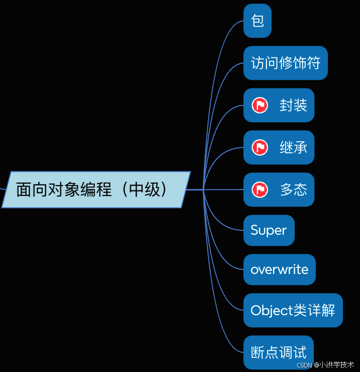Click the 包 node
tap(257, 21)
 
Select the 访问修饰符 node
tap(285, 63)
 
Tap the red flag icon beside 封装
tap(259, 106)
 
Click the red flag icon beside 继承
tap(259, 148)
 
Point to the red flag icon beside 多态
tap(259, 190)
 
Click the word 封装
tap(293, 106)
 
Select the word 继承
tap(293, 148)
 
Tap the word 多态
tap(293, 190)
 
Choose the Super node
tap(268, 231)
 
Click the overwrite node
tap(279, 269)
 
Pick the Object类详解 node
tap(293, 310)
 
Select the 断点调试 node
tap(278, 352)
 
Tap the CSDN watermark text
tap(325, 365)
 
